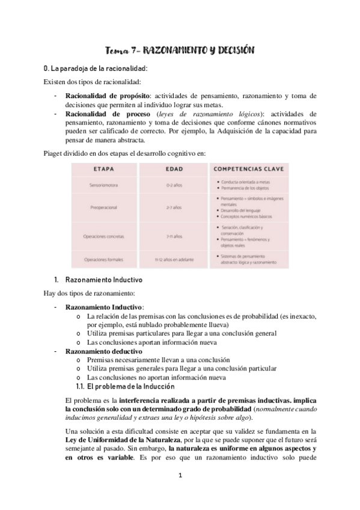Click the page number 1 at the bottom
180,476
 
